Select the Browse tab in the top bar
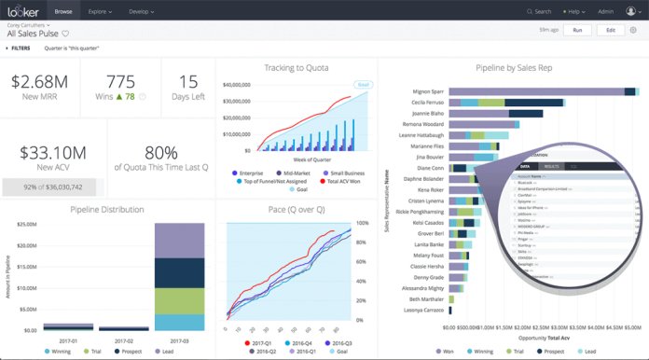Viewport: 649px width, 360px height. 63,11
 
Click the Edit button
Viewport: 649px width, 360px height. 610,31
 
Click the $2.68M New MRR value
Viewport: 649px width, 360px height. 40,81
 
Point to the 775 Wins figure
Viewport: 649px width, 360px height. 121,81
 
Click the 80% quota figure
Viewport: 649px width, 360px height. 160,153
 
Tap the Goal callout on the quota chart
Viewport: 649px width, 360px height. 363,83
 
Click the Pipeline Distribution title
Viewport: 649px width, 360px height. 107,209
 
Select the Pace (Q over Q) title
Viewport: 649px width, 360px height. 296,209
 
